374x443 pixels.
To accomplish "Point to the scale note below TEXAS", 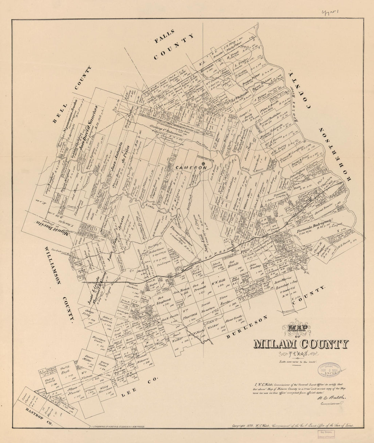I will (x=297, y=362).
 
